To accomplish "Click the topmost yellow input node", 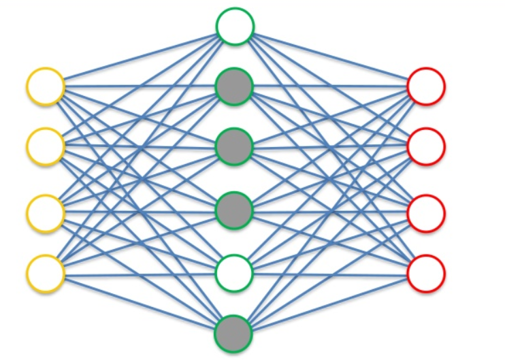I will pyautogui.click(x=46, y=86).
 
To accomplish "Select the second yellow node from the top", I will pyautogui.click(x=46, y=145).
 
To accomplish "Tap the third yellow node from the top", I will pyautogui.click(x=46, y=213).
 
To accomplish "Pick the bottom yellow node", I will pyautogui.click(x=46, y=273).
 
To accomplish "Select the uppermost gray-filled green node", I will pyautogui.click(x=234, y=86).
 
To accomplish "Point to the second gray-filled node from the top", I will pyautogui.click(x=234, y=145).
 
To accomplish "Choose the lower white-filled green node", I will pyautogui.click(x=234, y=273).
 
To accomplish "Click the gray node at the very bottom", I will pyautogui.click(x=233, y=333).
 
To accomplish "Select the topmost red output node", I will pyautogui.click(x=426, y=86).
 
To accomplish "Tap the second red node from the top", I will pyautogui.click(x=426, y=145).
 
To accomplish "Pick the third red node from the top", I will pyautogui.click(x=426, y=213).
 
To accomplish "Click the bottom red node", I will pyautogui.click(x=426, y=273).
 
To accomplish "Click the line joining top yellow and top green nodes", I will pyautogui.click(x=140, y=56).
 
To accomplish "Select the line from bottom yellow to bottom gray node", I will pyautogui.click(x=140, y=303).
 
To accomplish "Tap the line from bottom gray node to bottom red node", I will pyautogui.click(x=330, y=303).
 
